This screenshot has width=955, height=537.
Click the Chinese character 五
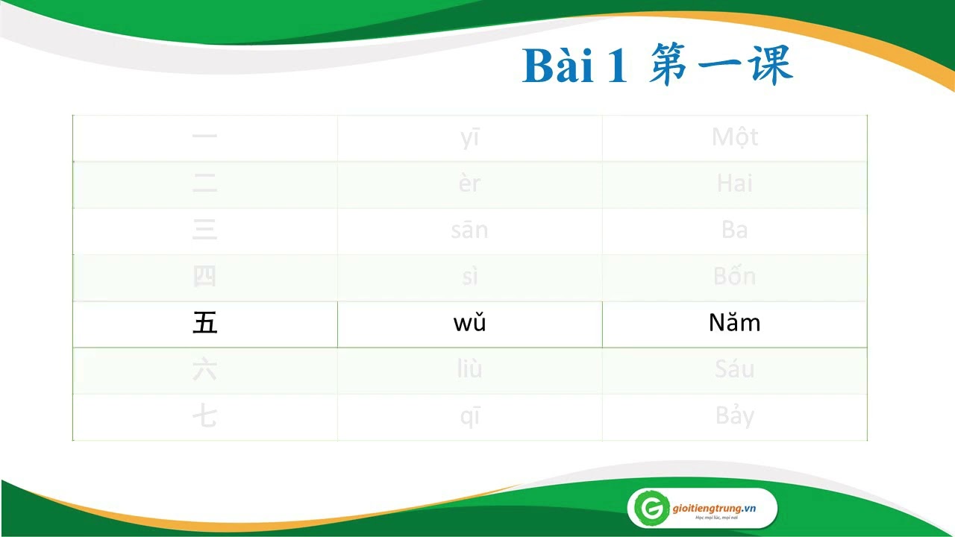pos(204,324)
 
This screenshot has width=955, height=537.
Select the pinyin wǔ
pos(469,324)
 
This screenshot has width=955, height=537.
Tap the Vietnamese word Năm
pos(734,324)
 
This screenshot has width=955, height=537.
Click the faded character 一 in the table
pos(204,137)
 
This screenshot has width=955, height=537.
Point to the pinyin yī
pos(469,138)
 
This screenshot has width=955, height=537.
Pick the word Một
pos(734,137)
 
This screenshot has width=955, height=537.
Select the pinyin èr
pos(469,183)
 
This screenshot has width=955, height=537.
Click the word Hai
pos(734,183)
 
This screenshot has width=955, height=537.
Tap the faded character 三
pos(204,230)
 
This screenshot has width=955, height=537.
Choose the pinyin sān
pos(469,230)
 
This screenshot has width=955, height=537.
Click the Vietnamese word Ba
pos(734,230)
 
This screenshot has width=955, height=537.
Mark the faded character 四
pos(204,277)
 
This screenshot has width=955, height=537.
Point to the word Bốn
pos(734,277)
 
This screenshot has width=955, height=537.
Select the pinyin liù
pos(469,370)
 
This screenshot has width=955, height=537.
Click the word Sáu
pos(734,370)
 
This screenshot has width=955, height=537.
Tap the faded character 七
pos(204,416)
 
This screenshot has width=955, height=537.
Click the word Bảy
pos(734,416)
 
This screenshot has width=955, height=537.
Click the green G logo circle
pos(648,509)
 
